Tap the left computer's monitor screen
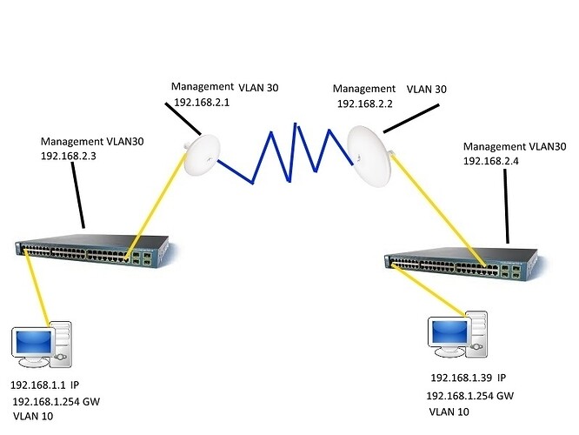point(31,339)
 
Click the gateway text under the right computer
point(469,396)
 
